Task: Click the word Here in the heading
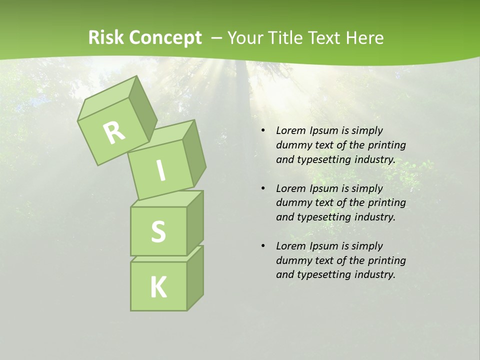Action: tap(365, 38)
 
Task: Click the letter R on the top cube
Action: tap(114, 132)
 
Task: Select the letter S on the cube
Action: tap(158, 232)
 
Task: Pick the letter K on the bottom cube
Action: tap(158, 287)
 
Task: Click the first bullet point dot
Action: tap(263, 130)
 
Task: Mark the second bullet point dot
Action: tap(263, 188)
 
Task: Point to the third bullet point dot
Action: tap(263, 246)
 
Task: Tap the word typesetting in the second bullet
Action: tap(323, 217)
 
